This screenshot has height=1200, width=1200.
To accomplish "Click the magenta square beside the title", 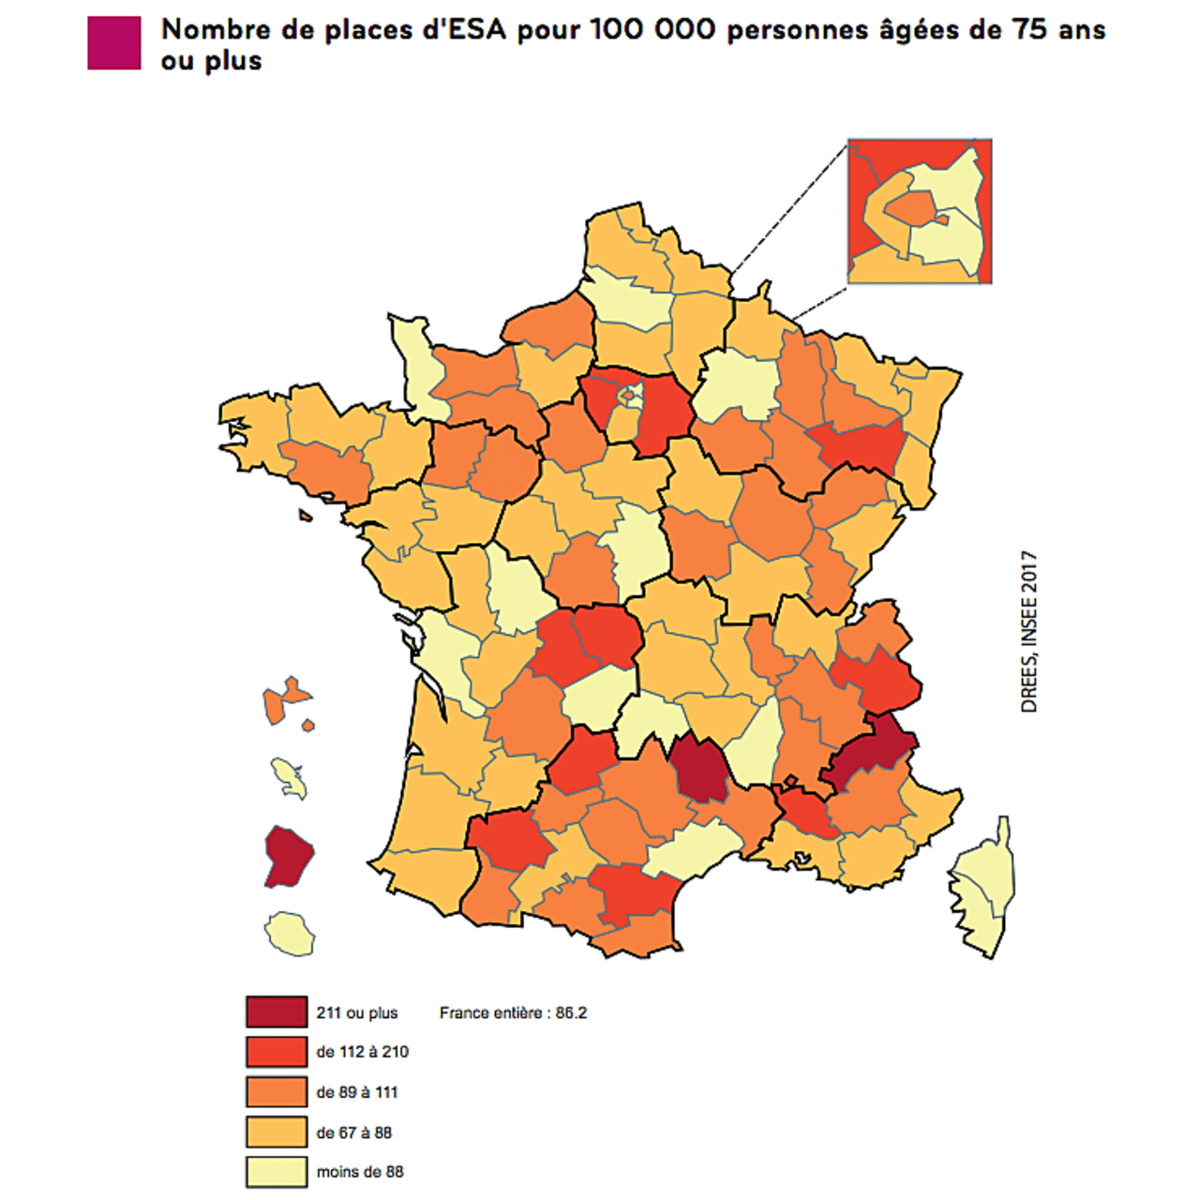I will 113,43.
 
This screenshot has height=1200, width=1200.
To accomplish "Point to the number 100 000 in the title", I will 652,30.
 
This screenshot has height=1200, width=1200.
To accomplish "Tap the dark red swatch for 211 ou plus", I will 277,1012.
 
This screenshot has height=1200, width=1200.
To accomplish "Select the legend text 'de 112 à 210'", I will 362,1052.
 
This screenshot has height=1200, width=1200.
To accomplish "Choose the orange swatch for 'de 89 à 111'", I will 277,1091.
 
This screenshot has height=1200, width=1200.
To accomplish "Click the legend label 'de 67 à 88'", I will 353,1132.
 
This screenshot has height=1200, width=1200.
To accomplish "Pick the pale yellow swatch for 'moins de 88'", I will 277,1172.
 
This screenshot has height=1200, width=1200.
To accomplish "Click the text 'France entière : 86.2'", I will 513,1012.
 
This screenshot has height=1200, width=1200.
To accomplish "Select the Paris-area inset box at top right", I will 919,211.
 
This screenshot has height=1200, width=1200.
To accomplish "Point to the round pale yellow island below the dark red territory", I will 290,934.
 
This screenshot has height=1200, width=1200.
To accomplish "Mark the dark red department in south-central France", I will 700,767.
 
